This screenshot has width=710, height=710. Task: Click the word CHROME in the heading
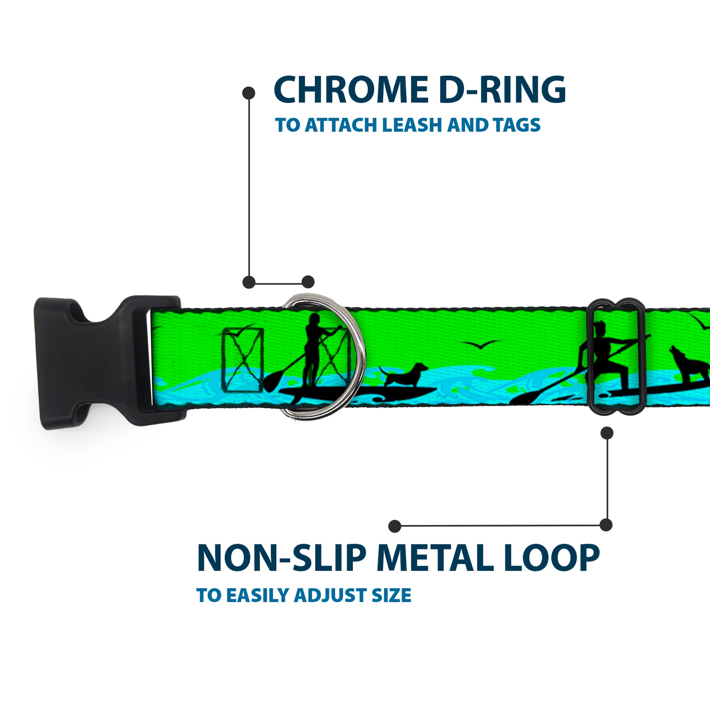point(351,90)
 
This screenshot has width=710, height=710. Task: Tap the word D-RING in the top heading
point(502,90)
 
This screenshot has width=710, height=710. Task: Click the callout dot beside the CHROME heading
point(249,93)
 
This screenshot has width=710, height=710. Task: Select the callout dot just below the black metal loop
point(607,433)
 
